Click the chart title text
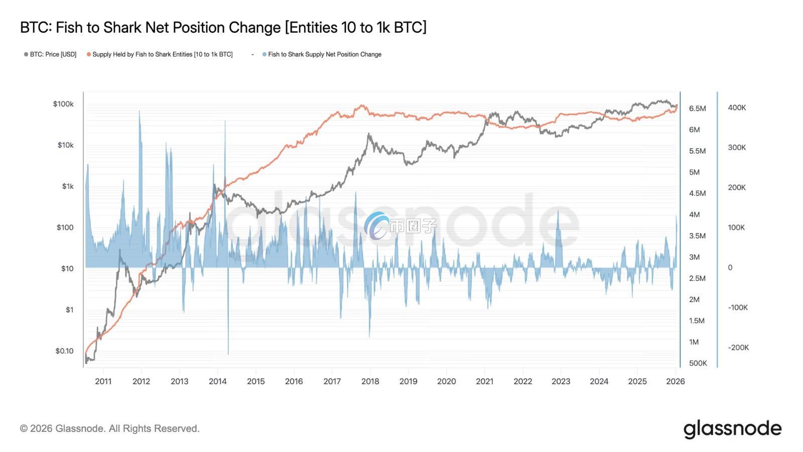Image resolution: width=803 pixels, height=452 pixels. coord(223,28)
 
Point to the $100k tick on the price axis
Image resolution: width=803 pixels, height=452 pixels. coord(63,104)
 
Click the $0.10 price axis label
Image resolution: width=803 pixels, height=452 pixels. coord(64,351)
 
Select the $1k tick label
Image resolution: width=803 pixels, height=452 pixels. coord(68,186)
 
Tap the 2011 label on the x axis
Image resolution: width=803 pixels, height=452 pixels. coord(103,381)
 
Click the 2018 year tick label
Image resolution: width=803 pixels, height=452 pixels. coord(370,381)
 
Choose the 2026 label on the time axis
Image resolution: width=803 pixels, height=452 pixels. coord(675,381)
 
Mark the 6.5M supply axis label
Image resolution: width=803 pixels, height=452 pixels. coord(698,108)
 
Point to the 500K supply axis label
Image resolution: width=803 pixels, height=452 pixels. coord(698,363)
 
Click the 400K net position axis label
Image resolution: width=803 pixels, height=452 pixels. coord(737,107)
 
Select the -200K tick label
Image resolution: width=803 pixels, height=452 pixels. coord(738,348)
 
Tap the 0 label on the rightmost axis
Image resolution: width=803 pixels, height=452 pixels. coord(730,268)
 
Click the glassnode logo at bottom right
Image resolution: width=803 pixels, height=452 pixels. coord(732,429)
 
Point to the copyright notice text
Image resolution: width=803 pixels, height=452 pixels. coord(110,429)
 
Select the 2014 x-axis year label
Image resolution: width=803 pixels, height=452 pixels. coord(218,381)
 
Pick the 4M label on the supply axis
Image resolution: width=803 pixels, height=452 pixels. coord(695,214)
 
